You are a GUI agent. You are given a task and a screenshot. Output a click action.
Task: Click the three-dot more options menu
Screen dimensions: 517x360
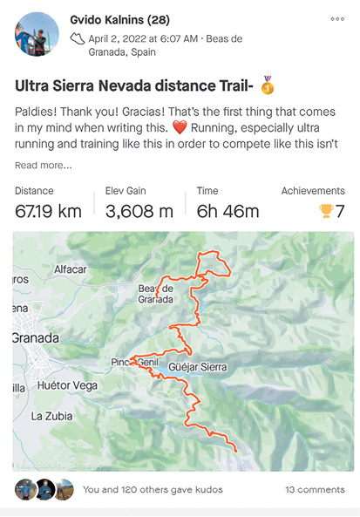coord(337,18)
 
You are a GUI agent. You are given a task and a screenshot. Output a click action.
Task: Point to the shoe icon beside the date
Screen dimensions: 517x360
coord(78,37)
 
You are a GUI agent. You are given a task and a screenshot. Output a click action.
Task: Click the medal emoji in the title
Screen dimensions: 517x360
coord(267,86)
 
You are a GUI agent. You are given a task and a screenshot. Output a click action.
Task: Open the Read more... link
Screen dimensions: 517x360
coord(44,165)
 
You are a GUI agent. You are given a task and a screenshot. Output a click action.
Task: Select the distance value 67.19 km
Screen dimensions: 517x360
coord(48,210)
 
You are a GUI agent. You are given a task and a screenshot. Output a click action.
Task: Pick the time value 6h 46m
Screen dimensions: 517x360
coord(227,210)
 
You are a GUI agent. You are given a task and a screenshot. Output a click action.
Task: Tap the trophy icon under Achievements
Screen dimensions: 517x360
coord(327,210)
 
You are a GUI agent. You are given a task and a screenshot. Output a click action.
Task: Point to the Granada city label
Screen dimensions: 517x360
coord(36,337)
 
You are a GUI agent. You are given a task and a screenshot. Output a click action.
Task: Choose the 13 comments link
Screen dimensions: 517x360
coord(315,490)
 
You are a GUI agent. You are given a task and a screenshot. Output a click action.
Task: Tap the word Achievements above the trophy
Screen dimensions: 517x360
coord(313,191)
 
